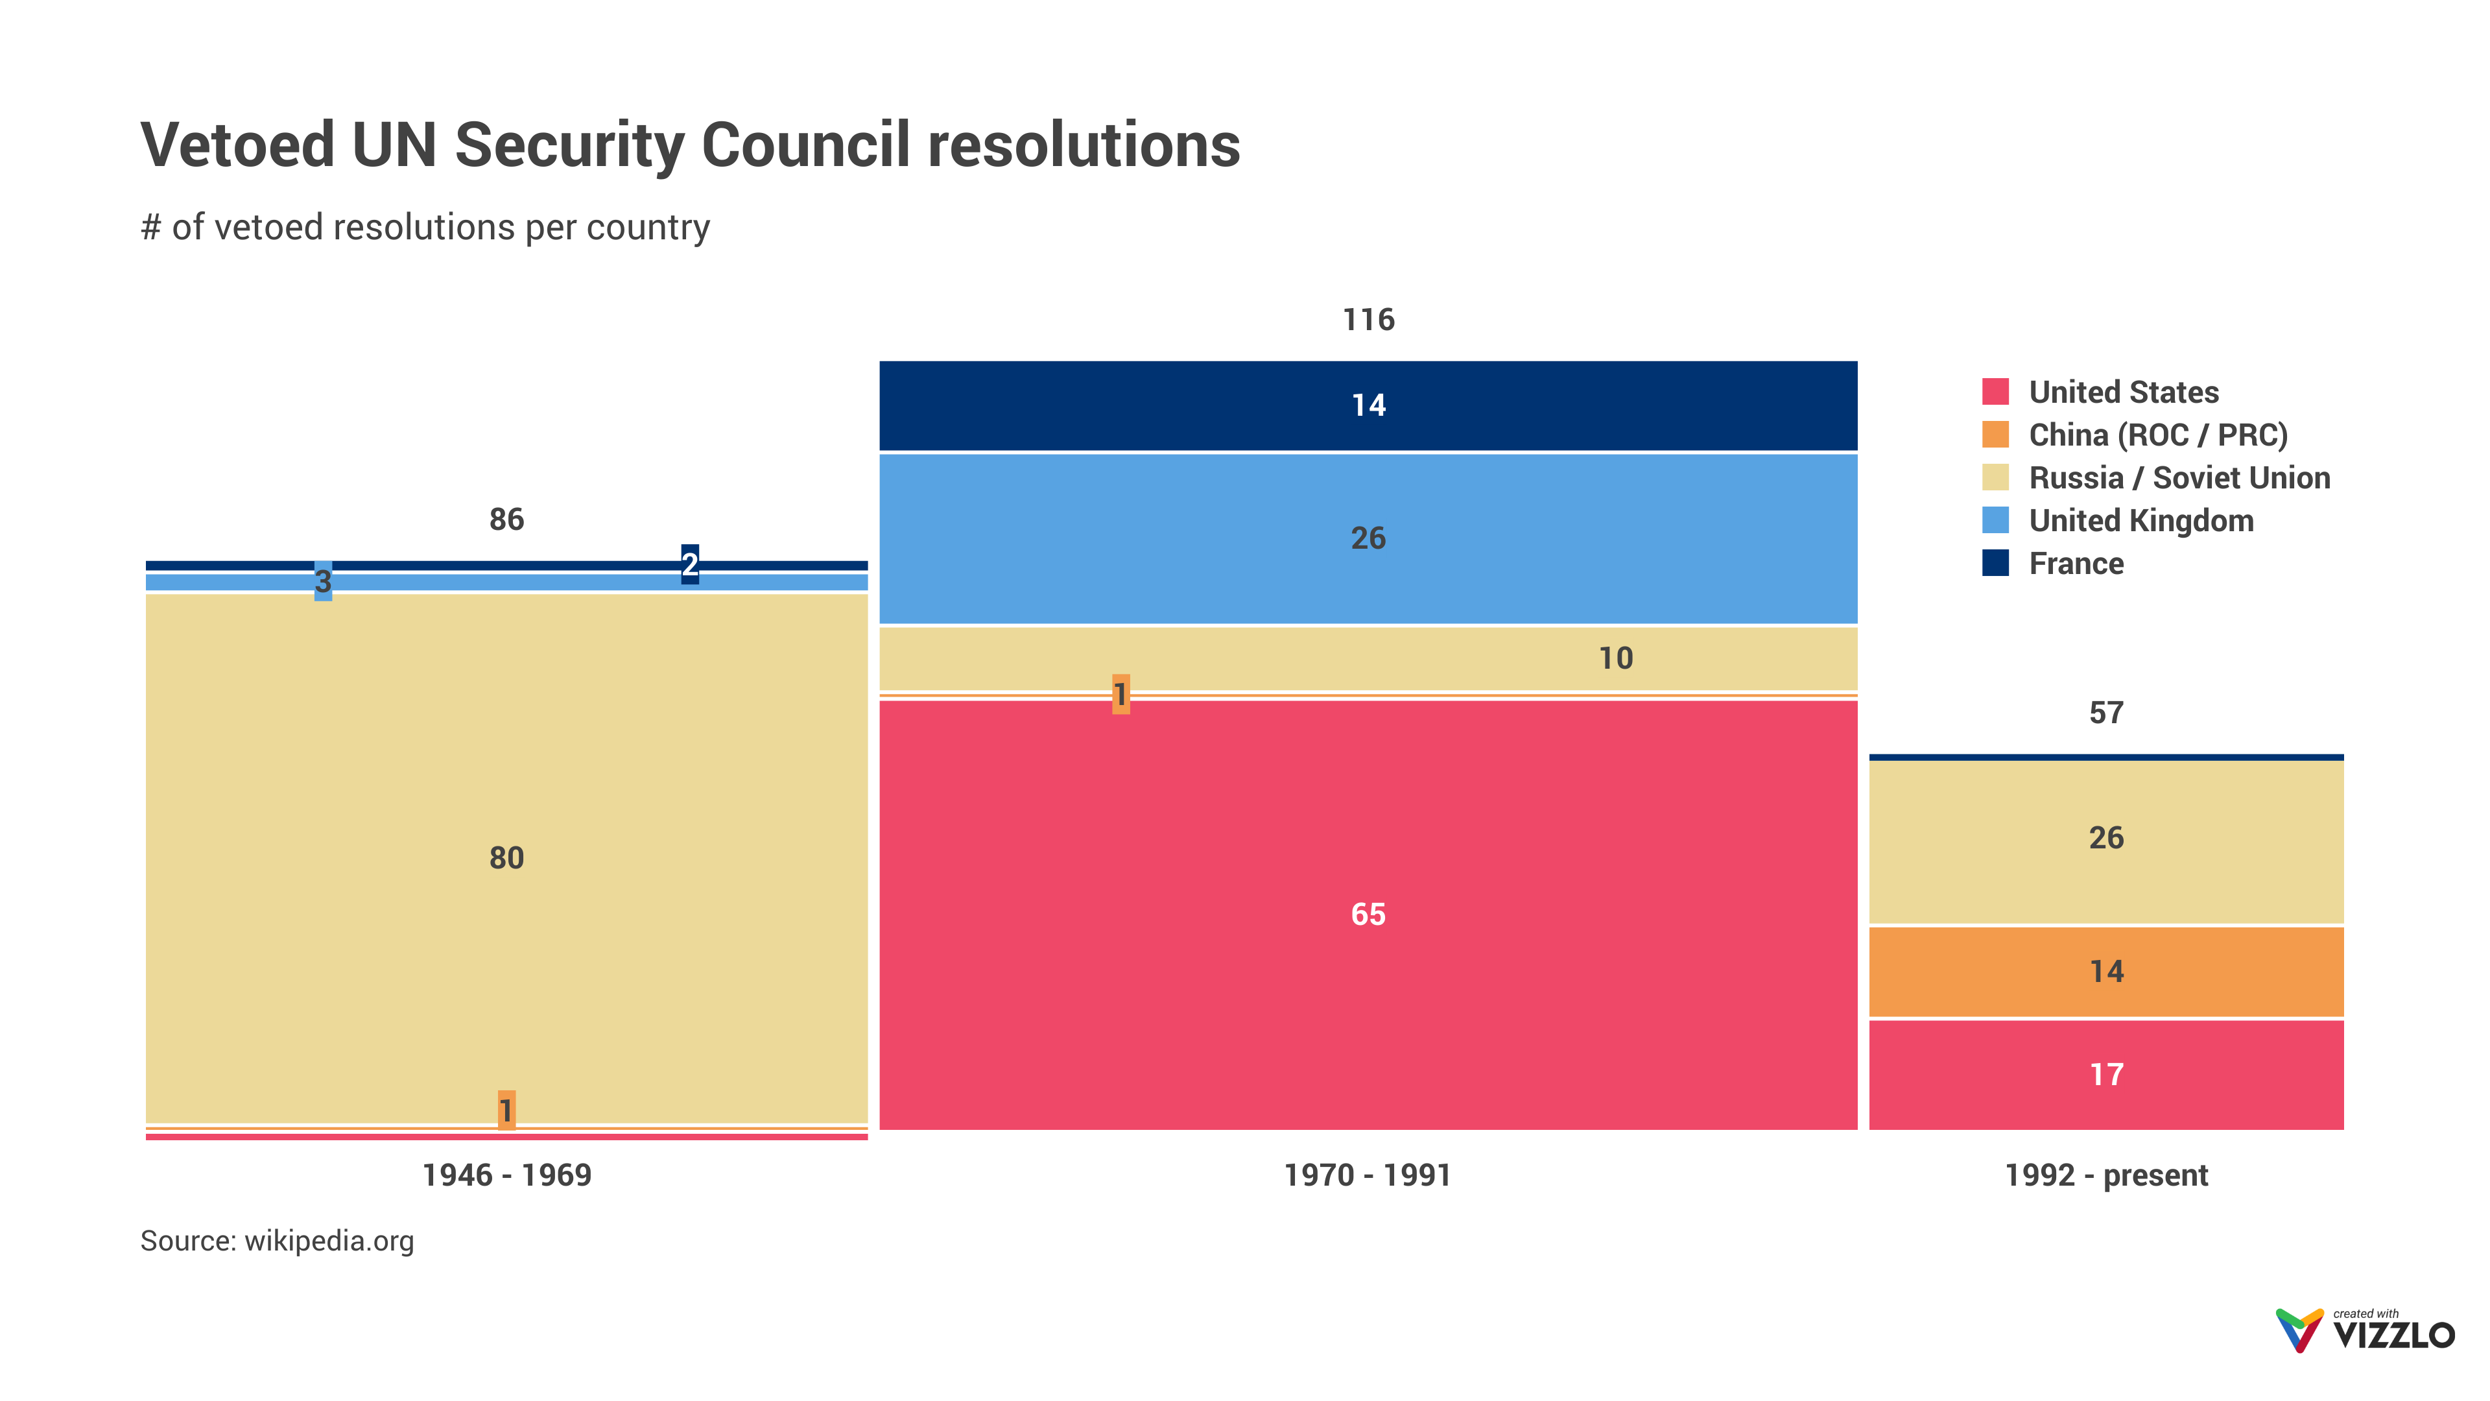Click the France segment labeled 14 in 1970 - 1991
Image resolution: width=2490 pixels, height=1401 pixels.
1368,405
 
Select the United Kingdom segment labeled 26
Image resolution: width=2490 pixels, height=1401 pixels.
1368,538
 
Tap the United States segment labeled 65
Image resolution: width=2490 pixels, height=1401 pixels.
1368,914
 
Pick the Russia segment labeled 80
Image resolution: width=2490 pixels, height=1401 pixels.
506,857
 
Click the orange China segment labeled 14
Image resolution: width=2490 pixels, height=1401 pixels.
2106,971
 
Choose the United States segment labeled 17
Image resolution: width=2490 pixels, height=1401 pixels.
2106,1074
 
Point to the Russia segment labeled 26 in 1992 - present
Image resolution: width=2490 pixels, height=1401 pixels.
2106,837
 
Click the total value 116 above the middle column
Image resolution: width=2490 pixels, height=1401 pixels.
1368,320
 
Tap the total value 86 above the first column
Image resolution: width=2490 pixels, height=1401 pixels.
506,519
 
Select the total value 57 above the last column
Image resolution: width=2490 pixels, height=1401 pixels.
2106,713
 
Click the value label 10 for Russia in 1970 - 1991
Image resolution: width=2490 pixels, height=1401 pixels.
1615,658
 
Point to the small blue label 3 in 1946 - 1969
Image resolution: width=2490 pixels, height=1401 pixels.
323,581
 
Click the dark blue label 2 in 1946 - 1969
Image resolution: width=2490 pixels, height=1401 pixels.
689,564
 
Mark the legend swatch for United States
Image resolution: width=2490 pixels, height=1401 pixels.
1995,392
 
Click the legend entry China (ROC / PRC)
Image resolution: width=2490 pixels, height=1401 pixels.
2157,435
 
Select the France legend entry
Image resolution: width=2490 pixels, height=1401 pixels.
2075,564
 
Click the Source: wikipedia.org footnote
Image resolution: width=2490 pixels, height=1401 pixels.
278,1241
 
